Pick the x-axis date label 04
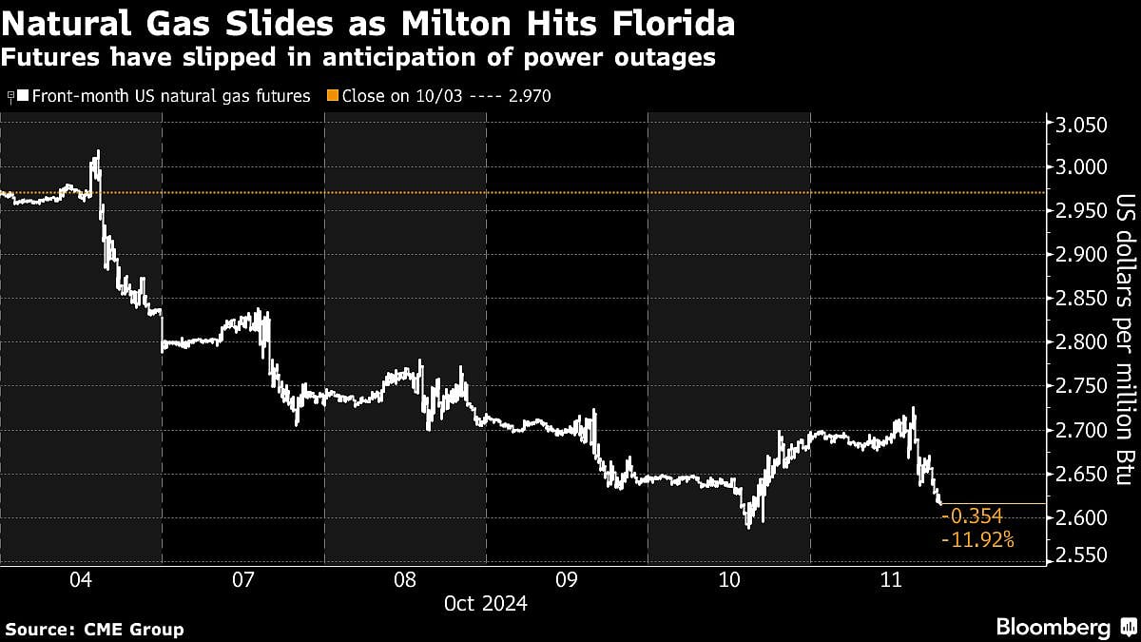coord(81,579)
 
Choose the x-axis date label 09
coord(567,579)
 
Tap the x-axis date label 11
coord(891,579)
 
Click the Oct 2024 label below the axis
coord(486,603)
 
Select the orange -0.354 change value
coord(971,516)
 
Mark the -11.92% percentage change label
coord(977,540)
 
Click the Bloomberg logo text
coord(1054,627)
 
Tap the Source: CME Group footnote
coord(94,629)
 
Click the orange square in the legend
coord(332,96)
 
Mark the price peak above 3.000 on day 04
coord(96,152)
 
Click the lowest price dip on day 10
coord(748,526)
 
